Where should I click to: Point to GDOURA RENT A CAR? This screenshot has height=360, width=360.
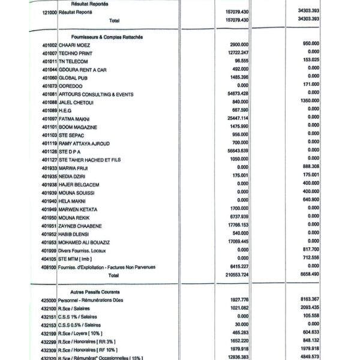tap(85, 70)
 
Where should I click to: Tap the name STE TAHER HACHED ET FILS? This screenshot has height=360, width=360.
tap(90, 160)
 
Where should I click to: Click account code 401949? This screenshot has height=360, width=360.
tap(49, 209)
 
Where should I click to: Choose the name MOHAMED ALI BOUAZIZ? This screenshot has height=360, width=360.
tap(89, 242)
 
